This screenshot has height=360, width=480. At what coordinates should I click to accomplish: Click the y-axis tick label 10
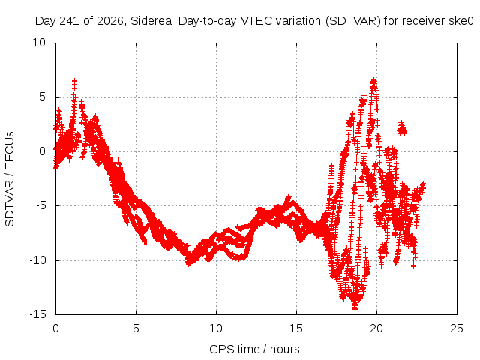(x=39, y=43)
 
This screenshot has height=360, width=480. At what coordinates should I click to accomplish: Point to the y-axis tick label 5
(x=42, y=97)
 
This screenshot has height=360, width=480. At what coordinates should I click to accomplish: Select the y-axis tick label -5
(x=40, y=205)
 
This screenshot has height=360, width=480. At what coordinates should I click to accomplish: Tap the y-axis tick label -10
(x=37, y=260)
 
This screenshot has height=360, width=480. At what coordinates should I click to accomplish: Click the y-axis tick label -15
(x=37, y=314)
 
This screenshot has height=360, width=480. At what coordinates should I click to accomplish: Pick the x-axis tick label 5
(x=136, y=328)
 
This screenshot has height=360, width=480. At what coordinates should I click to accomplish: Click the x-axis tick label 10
(x=216, y=328)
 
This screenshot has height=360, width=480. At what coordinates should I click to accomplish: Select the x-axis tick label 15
(x=296, y=328)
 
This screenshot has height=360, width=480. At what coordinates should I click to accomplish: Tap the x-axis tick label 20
(x=376, y=328)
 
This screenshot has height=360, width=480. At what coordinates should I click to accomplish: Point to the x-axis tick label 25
(x=457, y=328)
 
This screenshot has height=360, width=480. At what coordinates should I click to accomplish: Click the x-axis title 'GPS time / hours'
(x=254, y=349)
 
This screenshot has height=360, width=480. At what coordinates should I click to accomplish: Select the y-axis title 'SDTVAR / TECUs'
(x=10, y=179)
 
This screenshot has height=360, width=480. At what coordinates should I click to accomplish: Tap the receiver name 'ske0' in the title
(x=461, y=21)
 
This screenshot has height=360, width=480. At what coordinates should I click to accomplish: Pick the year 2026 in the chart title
(x=109, y=21)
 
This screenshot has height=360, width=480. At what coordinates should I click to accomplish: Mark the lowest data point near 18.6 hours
(x=355, y=308)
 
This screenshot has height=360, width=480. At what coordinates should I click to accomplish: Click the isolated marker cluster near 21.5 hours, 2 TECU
(x=402, y=128)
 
